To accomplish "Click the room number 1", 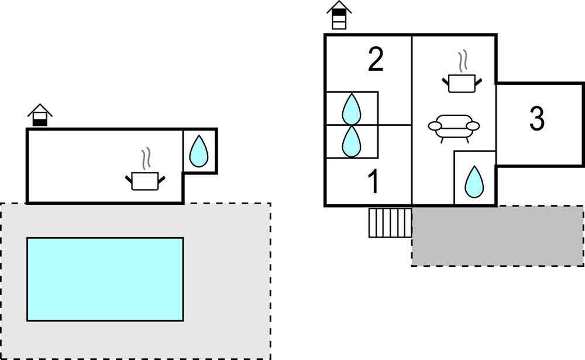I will click(373, 182).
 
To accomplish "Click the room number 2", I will click(376, 60).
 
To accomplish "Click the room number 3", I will click(536, 119).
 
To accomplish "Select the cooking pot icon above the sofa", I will click(462, 83).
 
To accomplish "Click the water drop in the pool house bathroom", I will click(199, 150).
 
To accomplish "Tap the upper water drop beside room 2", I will click(351, 108).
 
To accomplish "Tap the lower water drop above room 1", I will click(351, 141).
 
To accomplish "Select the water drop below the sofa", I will click(474, 181).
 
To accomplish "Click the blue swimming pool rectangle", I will click(105, 279).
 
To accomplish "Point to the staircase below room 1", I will click(390, 222).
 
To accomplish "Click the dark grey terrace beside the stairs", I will click(497, 236).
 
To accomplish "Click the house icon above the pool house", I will click(40, 115).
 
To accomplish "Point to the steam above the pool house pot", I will click(146, 158).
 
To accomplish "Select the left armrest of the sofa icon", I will click(435, 125).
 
